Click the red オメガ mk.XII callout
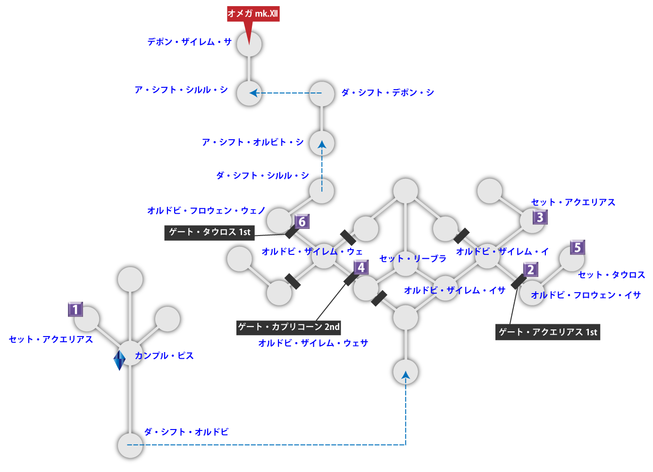point(253,14)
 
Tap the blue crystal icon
point(119,360)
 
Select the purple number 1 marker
point(75,310)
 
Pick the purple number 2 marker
point(531,270)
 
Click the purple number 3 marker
point(540,217)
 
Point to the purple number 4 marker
point(361,268)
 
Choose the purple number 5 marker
point(578,247)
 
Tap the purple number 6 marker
point(302,221)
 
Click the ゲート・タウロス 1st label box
point(209,232)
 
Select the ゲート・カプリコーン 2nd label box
point(289,327)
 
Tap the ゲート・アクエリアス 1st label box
point(548,332)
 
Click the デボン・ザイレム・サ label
point(189,42)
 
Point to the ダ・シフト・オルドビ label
point(186,432)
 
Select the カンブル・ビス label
point(164,356)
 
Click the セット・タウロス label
point(611,275)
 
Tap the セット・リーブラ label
point(413,259)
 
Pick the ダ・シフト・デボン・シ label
point(387,93)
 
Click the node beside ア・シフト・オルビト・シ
point(322,143)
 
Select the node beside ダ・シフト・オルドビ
point(130,445)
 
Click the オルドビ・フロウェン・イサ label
point(586,295)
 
